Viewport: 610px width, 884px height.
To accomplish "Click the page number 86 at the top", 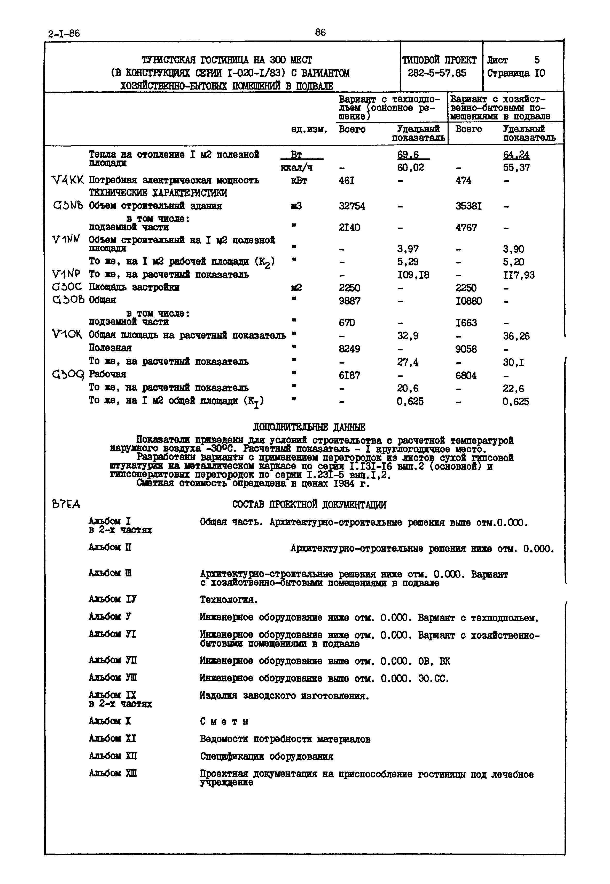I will click(320, 33).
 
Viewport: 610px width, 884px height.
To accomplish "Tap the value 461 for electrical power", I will click(346, 180).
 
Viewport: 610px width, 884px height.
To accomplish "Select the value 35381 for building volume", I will click(468, 206).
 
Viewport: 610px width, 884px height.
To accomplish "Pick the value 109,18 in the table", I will click(413, 275).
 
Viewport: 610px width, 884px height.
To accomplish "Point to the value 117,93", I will click(519, 275).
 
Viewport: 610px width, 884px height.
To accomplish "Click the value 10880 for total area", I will click(468, 301).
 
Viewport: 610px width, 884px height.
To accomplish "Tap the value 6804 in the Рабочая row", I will click(466, 376).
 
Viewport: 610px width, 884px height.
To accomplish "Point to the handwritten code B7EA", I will click(66, 505).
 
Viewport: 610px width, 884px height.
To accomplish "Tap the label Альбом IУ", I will click(112, 599).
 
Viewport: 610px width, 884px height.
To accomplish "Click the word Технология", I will click(229, 600).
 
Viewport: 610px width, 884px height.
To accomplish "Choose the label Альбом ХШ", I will click(112, 773).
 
